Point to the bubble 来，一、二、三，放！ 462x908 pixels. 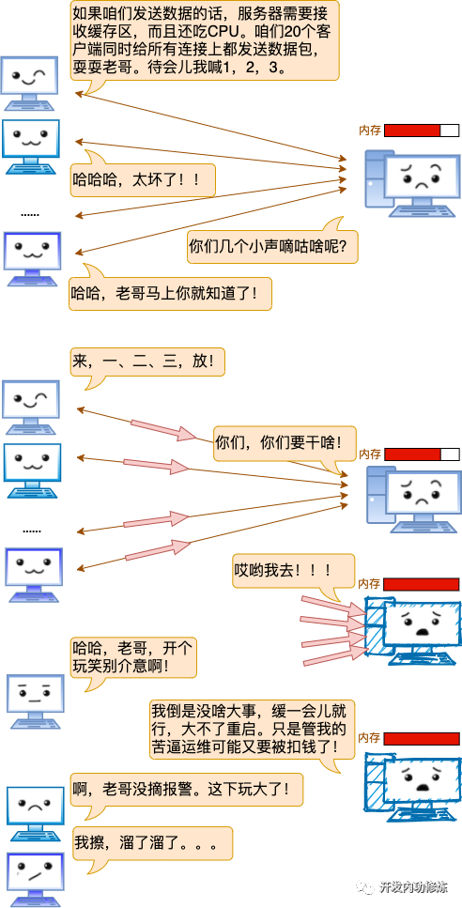147,361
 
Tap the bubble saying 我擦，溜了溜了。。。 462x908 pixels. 150,842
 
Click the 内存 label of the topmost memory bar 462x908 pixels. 370,131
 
